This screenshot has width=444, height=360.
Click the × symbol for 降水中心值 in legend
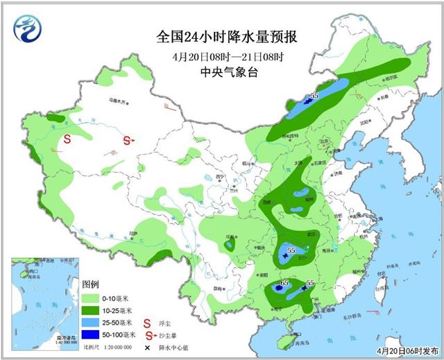pos(147,346)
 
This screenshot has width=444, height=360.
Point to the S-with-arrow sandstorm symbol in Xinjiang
pos(128,140)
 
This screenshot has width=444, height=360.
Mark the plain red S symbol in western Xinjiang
pos(68,139)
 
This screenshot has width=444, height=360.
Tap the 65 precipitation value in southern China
pos(284,283)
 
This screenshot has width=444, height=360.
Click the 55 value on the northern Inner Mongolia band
pos(314,96)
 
